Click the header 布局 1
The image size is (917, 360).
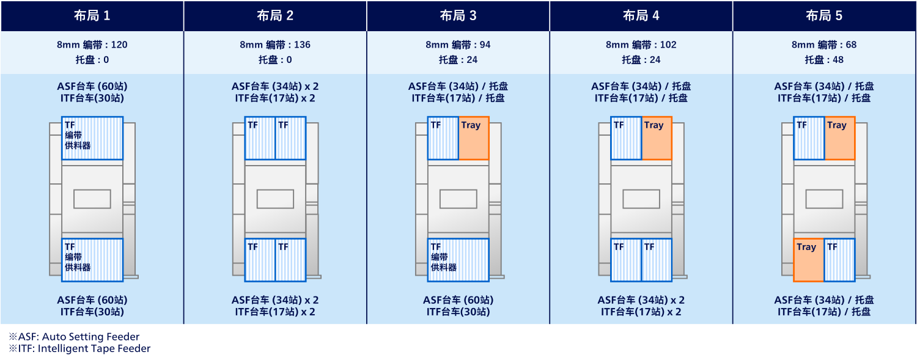coord(92,16)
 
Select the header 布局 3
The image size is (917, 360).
coord(458,16)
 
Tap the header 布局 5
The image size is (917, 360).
coord(824,16)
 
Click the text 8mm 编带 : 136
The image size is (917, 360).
coord(275,45)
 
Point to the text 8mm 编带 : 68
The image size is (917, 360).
coord(824,45)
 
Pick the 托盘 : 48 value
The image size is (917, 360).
coord(824,60)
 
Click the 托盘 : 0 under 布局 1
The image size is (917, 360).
coord(92,60)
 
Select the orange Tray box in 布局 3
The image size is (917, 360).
coord(474,138)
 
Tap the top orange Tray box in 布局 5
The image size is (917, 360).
coord(839,138)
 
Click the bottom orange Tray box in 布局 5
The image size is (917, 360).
coord(809,260)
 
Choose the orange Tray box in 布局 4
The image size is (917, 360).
coord(657,138)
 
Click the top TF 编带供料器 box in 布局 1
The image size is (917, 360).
coord(92,138)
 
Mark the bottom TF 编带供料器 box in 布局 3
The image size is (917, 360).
coord(458,260)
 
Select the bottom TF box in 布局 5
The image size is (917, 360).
coord(839,260)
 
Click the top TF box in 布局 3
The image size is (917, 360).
coord(443,138)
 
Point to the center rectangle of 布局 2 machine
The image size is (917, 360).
coord(275,199)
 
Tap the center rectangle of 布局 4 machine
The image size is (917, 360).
coord(641,199)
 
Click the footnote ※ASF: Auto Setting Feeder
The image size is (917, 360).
coord(74,337)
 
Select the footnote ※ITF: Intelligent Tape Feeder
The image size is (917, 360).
coord(79,348)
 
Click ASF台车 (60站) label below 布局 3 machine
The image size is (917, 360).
coord(458,300)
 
